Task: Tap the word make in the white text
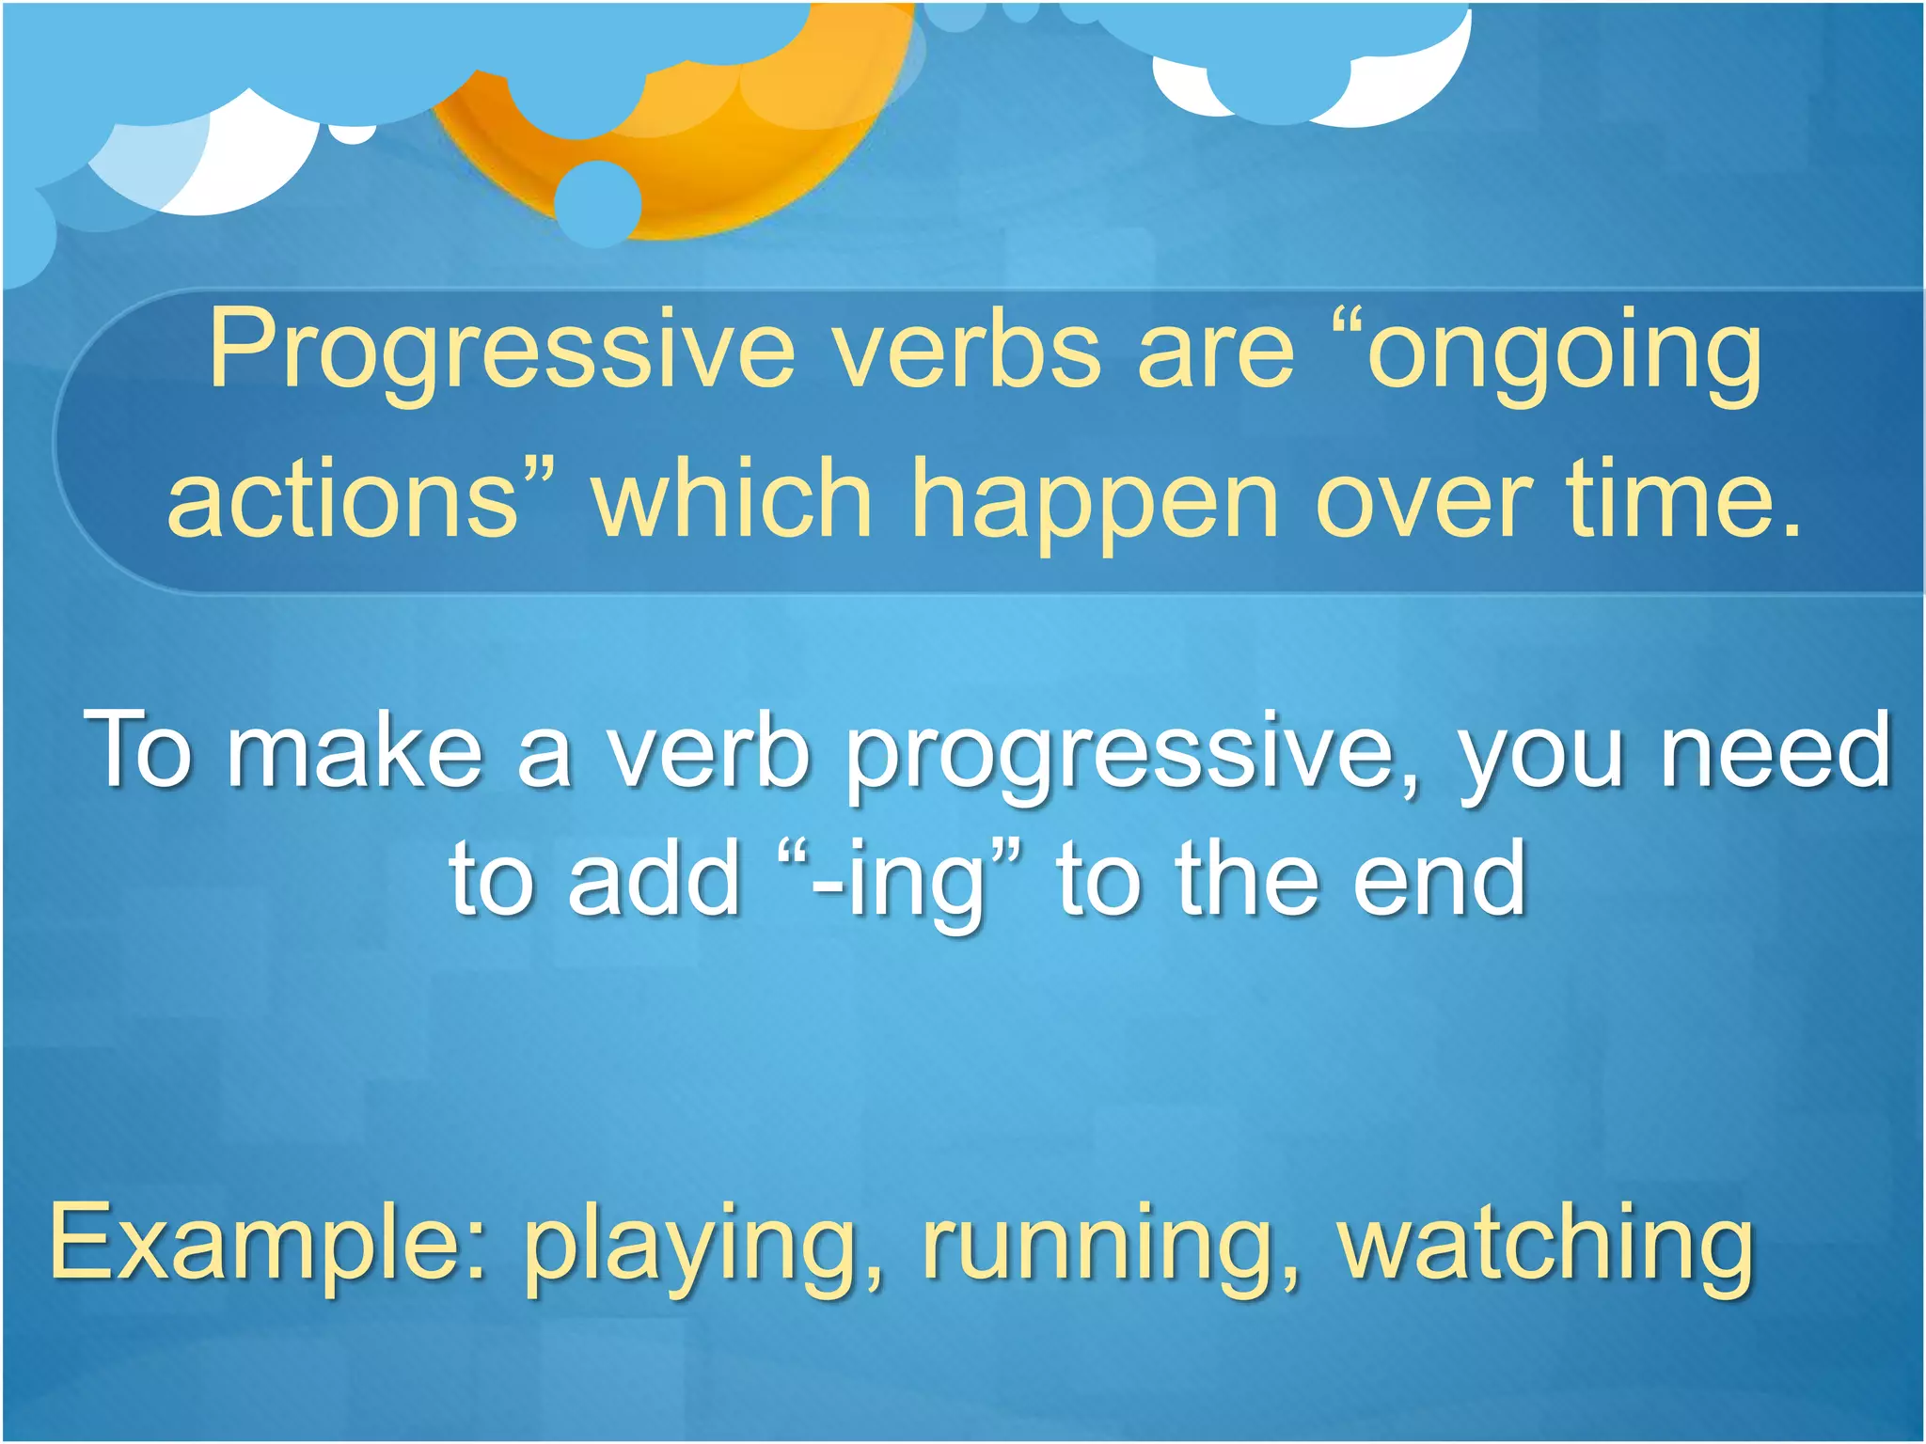click(x=355, y=749)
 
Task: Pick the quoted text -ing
click(x=900, y=880)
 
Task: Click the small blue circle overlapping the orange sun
click(x=598, y=202)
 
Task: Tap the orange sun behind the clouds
click(x=752, y=160)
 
